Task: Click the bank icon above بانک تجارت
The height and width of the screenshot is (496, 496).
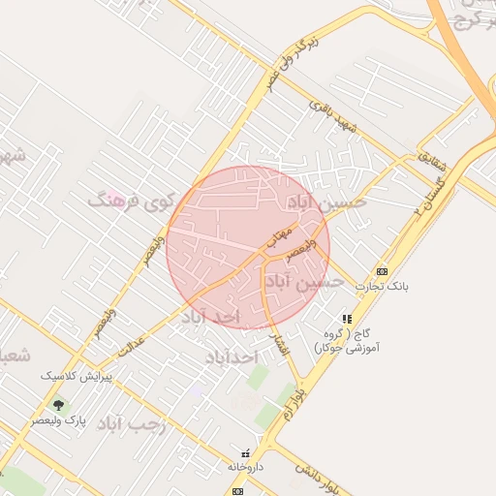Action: pyautogui.click(x=382, y=271)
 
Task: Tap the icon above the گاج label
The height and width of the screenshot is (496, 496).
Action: pyautogui.click(x=347, y=318)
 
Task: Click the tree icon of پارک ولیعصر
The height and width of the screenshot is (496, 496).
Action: pyautogui.click(x=58, y=405)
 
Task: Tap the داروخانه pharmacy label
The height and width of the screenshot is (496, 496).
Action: pyautogui.click(x=245, y=467)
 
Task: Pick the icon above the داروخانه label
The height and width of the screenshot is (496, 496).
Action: pyautogui.click(x=245, y=452)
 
